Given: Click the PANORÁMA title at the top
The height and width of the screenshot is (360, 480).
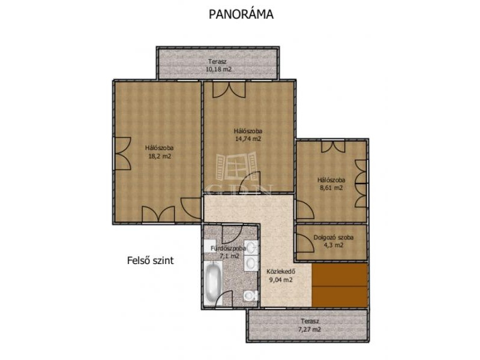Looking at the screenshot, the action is [x=241, y=14].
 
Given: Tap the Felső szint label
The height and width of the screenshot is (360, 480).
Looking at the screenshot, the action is [x=151, y=260].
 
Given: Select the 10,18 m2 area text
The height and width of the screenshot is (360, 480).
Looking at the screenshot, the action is [x=218, y=69].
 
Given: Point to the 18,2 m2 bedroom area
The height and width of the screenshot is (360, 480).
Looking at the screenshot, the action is [x=160, y=156].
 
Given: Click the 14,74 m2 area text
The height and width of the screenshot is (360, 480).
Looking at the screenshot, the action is [x=248, y=139].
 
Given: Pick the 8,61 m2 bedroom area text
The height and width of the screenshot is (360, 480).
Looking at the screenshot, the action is [x=331, y=188].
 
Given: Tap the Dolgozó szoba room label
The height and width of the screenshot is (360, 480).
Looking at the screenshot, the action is [x=334, y=237].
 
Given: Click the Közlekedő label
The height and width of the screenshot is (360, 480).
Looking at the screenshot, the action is [x=281, y=272].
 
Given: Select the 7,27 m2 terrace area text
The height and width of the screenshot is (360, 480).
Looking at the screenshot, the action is [x=310, y=329].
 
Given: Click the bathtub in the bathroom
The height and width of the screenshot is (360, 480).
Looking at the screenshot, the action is [x=213, y=283].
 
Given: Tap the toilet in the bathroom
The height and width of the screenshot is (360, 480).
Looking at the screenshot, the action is [x=250, y=296].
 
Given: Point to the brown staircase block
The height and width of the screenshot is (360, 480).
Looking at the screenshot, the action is [x=340, y=286].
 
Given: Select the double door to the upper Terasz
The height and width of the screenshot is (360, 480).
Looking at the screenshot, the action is [x=229, y=89].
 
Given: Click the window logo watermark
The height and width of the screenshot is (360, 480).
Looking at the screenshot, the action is [x=236, y=166].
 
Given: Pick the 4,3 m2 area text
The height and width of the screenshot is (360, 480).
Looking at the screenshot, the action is [x=333, y=245].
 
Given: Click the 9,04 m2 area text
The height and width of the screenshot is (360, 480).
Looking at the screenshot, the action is [x=281, y=280].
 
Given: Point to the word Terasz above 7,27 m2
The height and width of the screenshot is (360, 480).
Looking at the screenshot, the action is [x=310, y=322].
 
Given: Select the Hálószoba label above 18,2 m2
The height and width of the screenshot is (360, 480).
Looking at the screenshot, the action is [x=160, y=148].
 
